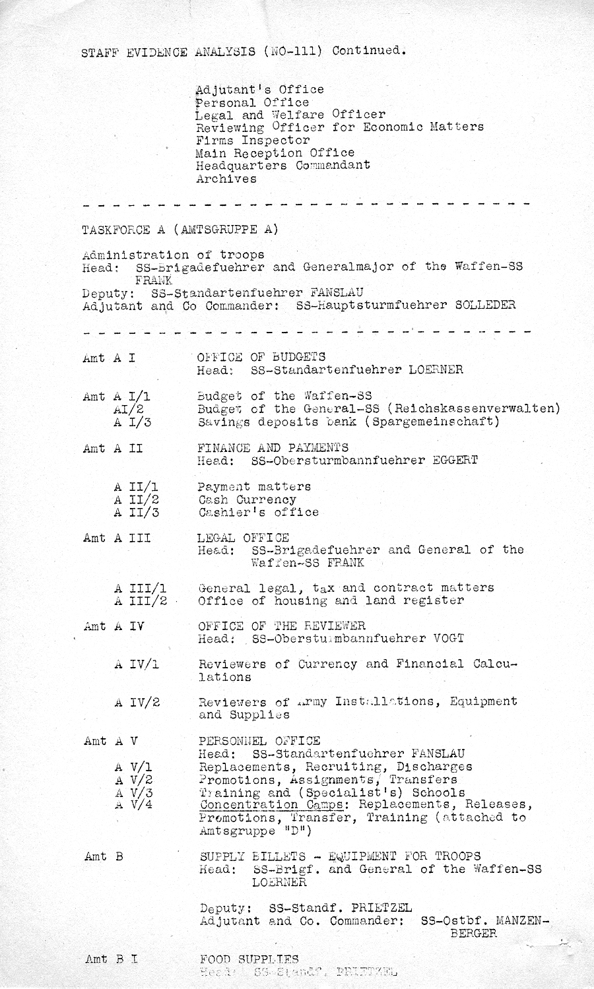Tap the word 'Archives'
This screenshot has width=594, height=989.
coord(226,179)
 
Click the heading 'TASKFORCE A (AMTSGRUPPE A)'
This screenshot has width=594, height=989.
coord(180,230)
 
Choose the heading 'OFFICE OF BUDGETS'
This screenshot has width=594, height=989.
coord(261,357)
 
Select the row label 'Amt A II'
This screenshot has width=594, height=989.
coord(113,449)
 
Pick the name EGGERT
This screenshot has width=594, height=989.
coord(455,461)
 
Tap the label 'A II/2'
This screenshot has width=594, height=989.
coord(136,499)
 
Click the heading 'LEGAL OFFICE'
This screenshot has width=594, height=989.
coord(243,538)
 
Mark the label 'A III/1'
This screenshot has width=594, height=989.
coord(140,588)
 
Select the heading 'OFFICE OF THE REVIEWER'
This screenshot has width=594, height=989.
coord(282,625)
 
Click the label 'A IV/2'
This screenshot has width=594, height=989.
coord(137,703)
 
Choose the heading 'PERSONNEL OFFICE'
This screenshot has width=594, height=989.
coord(259,741)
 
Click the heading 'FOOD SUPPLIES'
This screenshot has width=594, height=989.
coord(249,959)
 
